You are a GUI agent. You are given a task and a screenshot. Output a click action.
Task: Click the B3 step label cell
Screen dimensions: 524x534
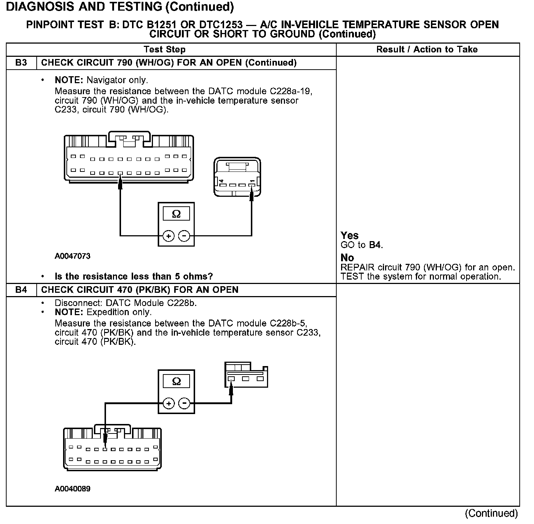(x=21, y=63)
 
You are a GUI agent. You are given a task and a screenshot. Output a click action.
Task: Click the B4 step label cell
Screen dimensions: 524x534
(x=21, y=290)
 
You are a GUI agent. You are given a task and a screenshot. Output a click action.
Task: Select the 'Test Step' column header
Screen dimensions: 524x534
(x=165, y=49)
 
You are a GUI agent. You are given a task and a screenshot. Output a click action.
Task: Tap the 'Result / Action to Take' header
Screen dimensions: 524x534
(x=427, y=49)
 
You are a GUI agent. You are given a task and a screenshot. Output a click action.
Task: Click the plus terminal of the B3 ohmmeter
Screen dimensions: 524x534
(x=168, y=236)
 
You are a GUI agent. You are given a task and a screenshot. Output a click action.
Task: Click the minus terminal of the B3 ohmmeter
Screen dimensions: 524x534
(x=184, y=236)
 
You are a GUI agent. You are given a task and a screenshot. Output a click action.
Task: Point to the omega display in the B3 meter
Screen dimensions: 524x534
(x=176, y=214)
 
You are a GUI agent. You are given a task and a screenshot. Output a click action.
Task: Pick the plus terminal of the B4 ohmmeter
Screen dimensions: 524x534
(x=168, y=404)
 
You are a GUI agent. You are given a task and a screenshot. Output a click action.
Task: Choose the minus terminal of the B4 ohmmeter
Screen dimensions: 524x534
(x=184, y=404)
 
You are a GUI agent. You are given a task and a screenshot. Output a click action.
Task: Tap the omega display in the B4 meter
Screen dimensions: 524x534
(x=176, y=381)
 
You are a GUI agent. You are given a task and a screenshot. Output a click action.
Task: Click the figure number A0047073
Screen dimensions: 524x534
(x=72, y=256)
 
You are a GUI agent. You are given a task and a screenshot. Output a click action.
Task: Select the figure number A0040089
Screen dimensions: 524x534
(x=72, y=489)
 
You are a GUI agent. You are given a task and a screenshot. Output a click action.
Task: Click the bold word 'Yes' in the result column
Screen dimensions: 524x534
(x=350, y=235)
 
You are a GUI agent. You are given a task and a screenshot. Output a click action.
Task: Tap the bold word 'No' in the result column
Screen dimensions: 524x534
(x=347, y=258)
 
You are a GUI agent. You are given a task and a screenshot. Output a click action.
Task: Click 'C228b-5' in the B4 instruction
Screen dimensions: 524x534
(x=288, y=323)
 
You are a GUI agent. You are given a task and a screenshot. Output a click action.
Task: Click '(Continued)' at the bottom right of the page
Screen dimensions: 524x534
(x=491, y=513)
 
